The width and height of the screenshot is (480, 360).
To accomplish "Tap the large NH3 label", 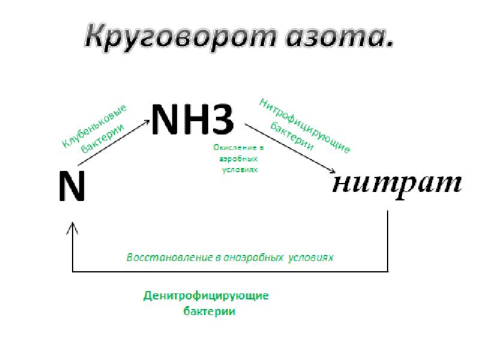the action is [x=192, y=121].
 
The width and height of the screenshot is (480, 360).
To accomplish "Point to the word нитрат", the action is [x=397, y=183].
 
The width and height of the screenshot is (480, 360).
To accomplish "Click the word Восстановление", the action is [x=169, y=257].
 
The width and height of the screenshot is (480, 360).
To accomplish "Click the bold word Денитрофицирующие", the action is [x=206, y=297].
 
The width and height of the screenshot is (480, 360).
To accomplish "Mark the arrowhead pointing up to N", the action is [x=73, y=227].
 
